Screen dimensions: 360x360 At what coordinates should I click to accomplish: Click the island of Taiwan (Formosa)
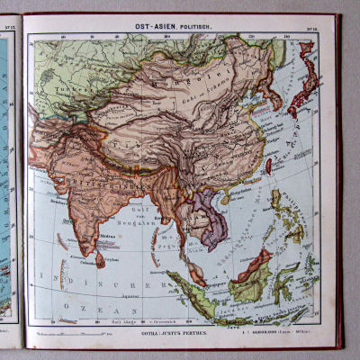(x=268, y=166)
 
